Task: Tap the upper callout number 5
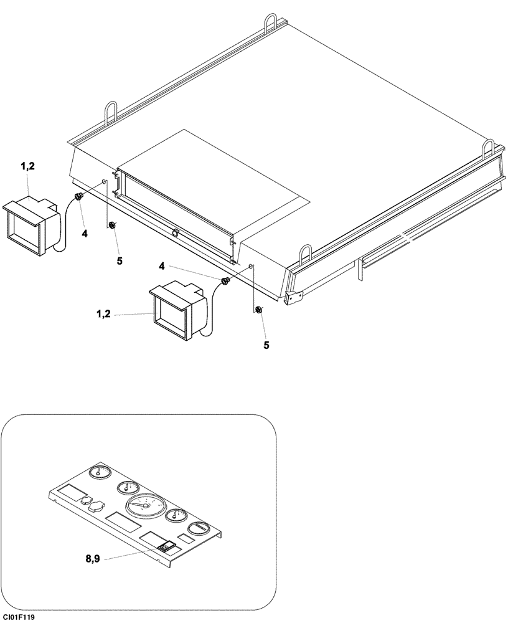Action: point(119,260)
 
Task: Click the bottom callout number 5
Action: point(266,345)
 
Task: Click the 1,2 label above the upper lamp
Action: point(28,166)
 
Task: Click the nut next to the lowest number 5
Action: point(258,310)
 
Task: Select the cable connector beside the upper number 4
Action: point(79,197)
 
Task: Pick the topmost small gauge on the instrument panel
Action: point(97,473)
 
